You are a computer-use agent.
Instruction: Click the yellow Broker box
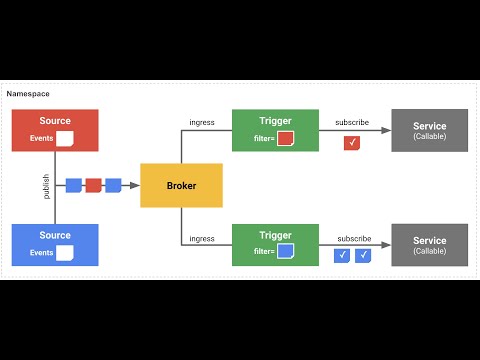181,186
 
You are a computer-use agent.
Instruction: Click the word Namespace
25,93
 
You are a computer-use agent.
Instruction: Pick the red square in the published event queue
93,185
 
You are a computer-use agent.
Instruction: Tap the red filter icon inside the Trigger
285,138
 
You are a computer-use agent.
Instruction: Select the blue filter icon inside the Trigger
285,251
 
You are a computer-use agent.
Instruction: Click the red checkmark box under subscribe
351,143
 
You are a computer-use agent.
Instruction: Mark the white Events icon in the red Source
66,139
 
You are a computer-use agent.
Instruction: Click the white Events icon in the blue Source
66,253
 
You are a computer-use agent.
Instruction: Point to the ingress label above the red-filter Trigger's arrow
202,123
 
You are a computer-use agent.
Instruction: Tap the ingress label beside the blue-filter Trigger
202,239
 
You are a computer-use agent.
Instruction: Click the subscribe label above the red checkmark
352,123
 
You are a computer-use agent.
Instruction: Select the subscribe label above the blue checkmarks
352,239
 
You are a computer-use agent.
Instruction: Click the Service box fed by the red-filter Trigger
429,131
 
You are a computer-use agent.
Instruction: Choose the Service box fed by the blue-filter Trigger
429,244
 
